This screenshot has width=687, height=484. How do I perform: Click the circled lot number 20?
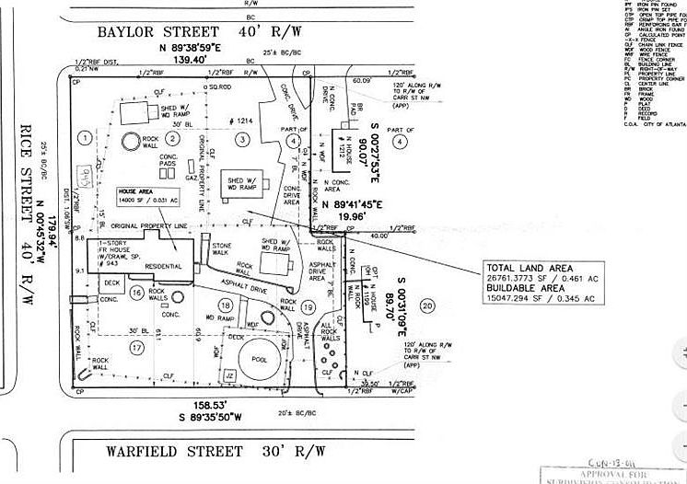point(426,305)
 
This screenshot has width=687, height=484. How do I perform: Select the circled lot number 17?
point(137,347)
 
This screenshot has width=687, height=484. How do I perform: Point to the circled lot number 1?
point(85,138)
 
